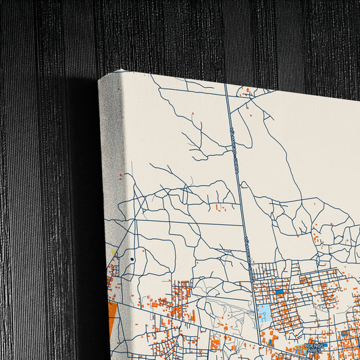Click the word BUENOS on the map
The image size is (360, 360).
[315, 344]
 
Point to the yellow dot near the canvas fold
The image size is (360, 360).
[115, 254]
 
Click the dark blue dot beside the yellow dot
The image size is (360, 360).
[132, 259]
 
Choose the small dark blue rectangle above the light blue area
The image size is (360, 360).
[278, 292]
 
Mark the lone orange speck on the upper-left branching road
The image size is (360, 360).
[192, 113]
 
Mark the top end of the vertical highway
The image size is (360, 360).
[225, 85]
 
